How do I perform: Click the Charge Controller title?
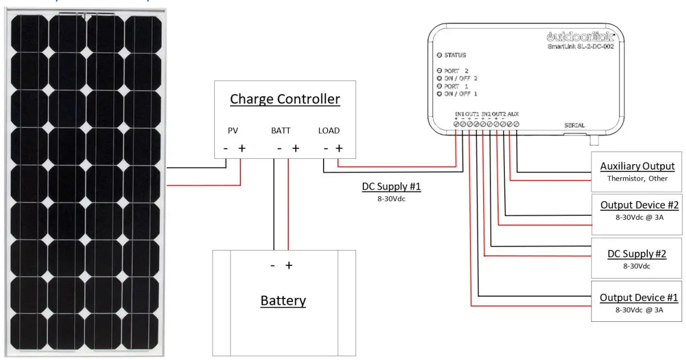coord(285,99)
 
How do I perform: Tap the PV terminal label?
coord(232,131)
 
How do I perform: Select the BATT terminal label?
coord(280,131)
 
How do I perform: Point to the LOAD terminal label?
coord(329,131)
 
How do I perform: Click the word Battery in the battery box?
coord(283,301)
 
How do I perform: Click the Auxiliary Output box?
coord(636,171)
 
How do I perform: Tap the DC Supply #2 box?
coord(636,259)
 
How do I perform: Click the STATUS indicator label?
coord(455,55)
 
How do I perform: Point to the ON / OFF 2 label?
coord(460,78)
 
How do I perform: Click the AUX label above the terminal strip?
coord(513,114)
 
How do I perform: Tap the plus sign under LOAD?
coord(339,149)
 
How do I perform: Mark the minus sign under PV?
coord(226,149)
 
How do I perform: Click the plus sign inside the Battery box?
coord(289,265)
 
